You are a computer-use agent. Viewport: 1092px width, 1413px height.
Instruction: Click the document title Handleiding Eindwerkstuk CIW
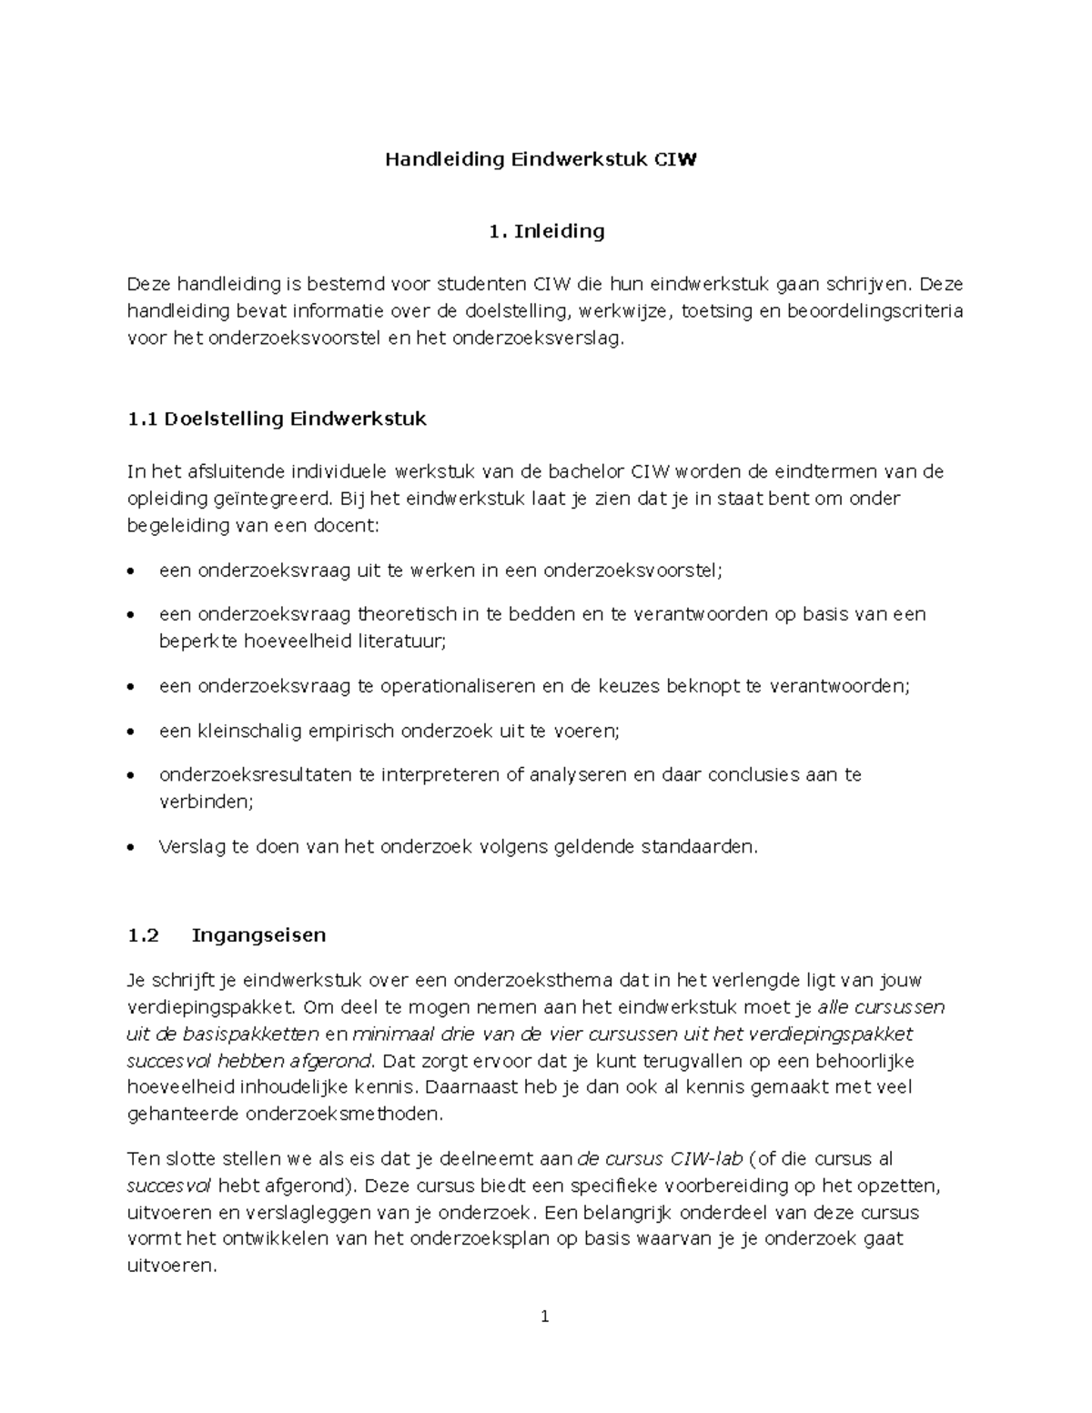click(541, 160)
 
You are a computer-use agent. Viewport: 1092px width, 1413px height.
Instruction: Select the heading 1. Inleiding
click(546, 231)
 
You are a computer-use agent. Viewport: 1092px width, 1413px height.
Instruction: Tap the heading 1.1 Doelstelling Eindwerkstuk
click(277, 419)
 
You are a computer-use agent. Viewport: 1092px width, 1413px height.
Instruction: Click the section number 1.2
click(143, 935)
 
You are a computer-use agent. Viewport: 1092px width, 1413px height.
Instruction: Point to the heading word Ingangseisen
click(258, 935)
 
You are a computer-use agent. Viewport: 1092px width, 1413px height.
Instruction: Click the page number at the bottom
click(544, 1316)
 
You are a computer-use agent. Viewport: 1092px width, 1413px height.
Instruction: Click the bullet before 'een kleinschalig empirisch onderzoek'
click(133, 732)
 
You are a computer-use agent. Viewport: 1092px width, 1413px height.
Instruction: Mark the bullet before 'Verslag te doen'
click(133, 848)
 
